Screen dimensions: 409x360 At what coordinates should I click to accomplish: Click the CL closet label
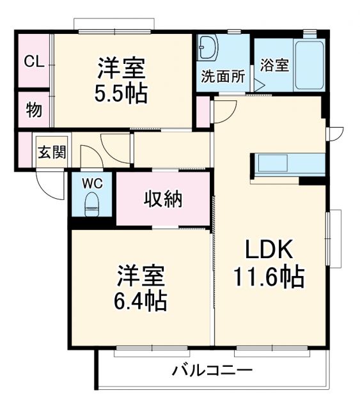click(34, 61)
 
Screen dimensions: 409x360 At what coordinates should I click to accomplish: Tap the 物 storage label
click(34, 110)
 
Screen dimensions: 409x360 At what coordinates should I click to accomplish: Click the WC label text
click(92, 181)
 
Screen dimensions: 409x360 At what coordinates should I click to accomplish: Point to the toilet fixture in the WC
click(92, 203)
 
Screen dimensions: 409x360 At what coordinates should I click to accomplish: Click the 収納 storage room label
click(162, 199)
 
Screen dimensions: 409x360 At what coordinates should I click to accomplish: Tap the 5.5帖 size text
click(122, 93)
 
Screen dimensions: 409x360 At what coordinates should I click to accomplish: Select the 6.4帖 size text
click(141, 300)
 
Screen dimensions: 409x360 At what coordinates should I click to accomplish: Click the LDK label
click(269, 249)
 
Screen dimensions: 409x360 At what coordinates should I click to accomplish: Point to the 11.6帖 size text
click(268, 277)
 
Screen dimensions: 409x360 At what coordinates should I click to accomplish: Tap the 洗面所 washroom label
click(223, 76)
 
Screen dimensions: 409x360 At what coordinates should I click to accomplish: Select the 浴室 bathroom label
click(275, 65)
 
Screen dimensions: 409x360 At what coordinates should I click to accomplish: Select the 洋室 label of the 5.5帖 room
click(121, 66)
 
